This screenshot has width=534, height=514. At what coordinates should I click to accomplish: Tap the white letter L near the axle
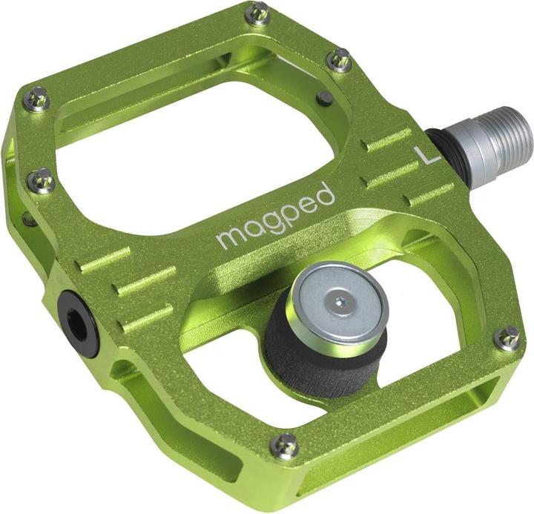[x=426, y=154]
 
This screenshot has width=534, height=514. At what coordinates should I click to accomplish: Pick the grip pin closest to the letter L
[x=340, y=59]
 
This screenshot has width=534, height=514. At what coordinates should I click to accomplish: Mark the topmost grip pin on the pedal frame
[x=258, y=13]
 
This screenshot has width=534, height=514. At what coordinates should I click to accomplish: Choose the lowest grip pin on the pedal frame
[x=285, y=445]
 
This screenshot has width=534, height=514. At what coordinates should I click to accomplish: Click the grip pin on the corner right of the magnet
[x=507, y=337]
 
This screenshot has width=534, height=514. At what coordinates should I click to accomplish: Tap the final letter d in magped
[x=325, y=194]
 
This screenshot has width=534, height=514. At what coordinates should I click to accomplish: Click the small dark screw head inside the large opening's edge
[x=324, y=97]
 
